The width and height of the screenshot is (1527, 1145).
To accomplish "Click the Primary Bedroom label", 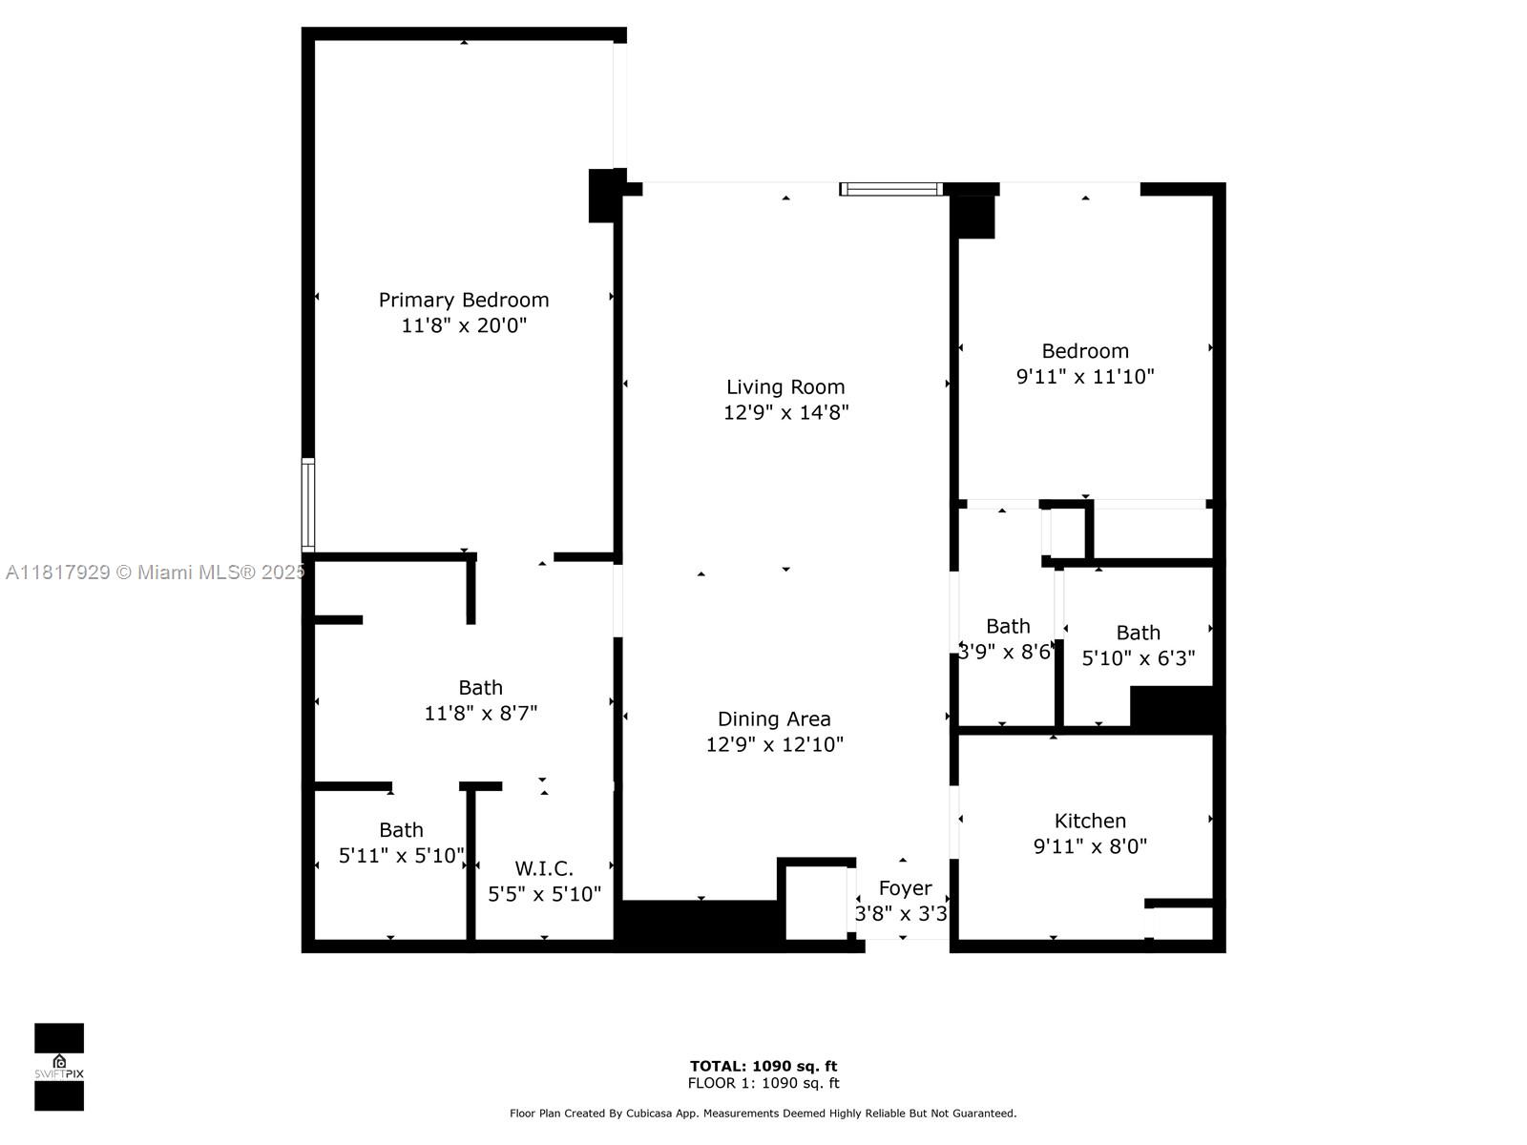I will (x=464, y=300).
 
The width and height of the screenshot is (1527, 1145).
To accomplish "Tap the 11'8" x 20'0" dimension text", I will (x=464, y=325).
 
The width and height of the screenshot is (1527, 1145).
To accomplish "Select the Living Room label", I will (x=785, y=386).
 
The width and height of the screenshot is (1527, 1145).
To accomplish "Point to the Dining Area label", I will (x=774, y=718).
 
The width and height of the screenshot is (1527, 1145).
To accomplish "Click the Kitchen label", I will (x=1090, y=821).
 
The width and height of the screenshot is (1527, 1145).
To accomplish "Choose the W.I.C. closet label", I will (x=544, y=868).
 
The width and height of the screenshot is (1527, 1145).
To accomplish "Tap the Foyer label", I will (x=905, y=888).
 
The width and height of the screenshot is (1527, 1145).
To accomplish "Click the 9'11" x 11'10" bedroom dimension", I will (x=1085, y=376).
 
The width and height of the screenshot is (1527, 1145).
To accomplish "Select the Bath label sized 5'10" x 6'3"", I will (x=1138, y=633).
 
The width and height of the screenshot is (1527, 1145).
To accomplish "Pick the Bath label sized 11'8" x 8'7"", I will (x=480, y=687).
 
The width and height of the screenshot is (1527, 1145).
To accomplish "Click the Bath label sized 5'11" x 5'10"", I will (x=401, y=830).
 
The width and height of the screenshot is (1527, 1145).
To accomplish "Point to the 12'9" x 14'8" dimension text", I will (x=785, y=412).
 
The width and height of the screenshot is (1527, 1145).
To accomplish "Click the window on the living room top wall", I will (x=891, y=189).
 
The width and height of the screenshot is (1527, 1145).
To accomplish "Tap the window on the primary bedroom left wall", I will (x=308, y=505).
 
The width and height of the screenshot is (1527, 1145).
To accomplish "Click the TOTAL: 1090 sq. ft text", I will (x=763, y=1066).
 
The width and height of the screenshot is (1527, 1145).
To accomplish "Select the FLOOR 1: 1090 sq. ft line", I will (x=763, y=1083).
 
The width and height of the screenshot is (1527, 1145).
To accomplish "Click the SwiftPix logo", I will (x=59, y=1067).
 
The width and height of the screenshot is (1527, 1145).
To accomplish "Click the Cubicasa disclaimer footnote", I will (x=763, y=1113).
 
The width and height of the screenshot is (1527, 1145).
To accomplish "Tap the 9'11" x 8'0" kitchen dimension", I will (x=1090, y=846).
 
